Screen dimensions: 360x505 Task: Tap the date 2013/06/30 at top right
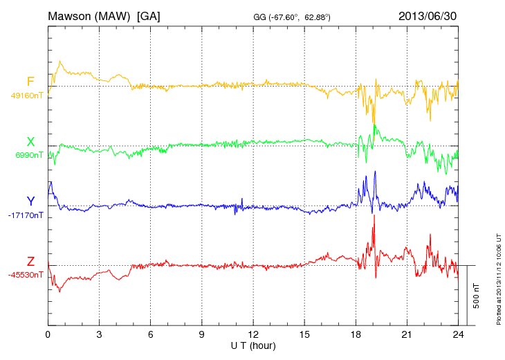pos(428,16)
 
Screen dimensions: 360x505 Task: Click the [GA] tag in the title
pos(148,16)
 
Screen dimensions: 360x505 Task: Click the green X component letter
pos(30,143)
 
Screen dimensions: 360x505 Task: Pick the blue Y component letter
pos(30,202)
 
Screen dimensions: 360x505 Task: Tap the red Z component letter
pos(30,262)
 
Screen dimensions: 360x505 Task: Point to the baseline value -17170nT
pos(26,215)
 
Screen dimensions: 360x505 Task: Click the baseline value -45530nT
pos(26,275)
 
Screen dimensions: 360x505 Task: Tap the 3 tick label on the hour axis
pos(99,334)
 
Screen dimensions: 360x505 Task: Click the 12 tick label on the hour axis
pos(253,334)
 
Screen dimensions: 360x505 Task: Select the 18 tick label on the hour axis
pos(356,334)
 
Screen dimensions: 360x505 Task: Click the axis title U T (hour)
pos(253,345)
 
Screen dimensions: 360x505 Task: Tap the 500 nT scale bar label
pos(477,296)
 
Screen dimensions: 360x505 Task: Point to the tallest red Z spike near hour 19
pos(374,216)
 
